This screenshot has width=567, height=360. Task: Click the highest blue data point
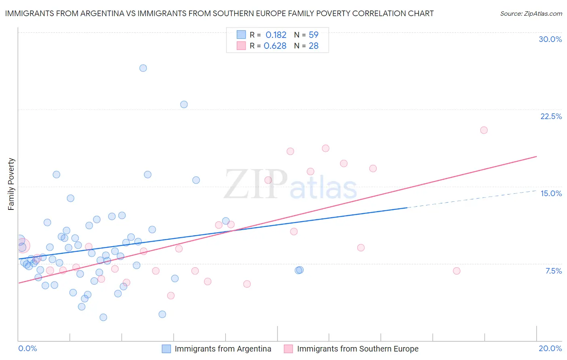pyautogui.click(x=143, y=68)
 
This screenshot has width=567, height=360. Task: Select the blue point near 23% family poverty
pyautogui.click(x=184, y=105)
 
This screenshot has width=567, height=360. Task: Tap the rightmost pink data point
pyautogui.click(x=484, y=130)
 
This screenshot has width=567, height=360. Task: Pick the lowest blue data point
pyautogui.click(x=103, y=317)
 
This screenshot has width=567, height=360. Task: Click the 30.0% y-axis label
pyautogui.click(x=550, y=39)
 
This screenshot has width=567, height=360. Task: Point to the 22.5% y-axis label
pyautogui.click(x=551, y=116)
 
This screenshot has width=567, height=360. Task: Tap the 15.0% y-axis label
pyautogui.click(x=551, y=193)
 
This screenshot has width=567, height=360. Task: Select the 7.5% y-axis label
pyautogui.click(x=553, y=271)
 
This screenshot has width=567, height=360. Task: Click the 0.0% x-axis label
pyautogui.click(x=27, y=348)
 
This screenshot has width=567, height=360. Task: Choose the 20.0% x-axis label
pyautogui.click(x=550, y=348)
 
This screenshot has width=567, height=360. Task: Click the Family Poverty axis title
pyautogui.click(x=11, y=184)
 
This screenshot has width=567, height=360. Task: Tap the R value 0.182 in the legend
pyautogui.click(x=276, y=35)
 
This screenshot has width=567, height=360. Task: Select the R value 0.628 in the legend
pyautogui.click(x=275, y=46)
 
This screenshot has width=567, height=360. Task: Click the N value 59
pyautogui.click(x=313, y=35)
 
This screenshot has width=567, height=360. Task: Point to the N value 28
pyautogui.click(x=313, y=46)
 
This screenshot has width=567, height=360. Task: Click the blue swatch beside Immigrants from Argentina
pyautogui.click(x=166, y=349)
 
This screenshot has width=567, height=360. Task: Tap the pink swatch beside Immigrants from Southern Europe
pyautogui.click(x=288, y=349)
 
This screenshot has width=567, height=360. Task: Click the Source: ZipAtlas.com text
pyautogui.click(x=531, y=14)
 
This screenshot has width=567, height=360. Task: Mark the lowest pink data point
pyautogui.click(x=171, y=296)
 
